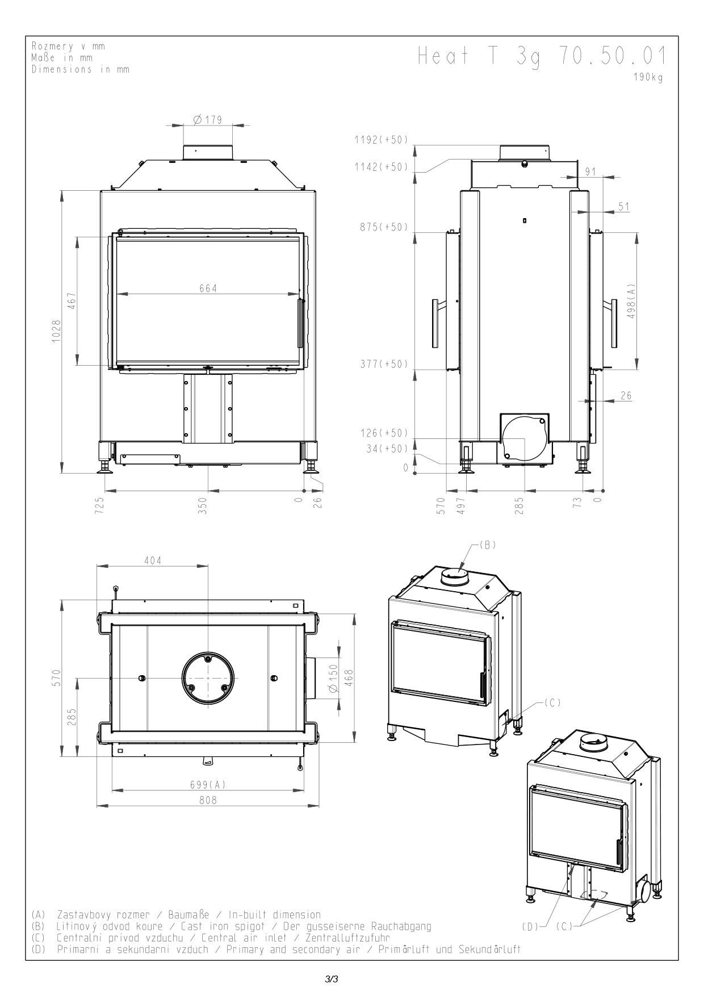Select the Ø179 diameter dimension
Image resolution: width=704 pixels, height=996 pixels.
tap(207, 120)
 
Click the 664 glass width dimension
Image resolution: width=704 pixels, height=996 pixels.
tap(208, 288)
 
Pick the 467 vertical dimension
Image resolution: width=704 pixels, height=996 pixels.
tap(72, 302)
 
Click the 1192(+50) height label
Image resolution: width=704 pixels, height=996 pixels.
tap(381, 140)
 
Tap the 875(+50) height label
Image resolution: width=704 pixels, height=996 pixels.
tap(383, 227)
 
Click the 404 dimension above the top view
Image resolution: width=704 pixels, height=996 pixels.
tap(152, 560)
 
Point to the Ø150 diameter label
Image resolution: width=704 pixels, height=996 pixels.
tap(333, 677)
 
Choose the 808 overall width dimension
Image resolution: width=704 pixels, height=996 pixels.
tap(208, 800)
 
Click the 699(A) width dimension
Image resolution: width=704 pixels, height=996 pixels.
tap(208, 785)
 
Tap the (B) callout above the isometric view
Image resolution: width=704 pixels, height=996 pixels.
tap(488, 545)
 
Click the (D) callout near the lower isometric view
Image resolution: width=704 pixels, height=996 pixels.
tap(530, 926)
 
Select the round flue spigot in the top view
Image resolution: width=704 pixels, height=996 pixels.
tap(208, 678)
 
